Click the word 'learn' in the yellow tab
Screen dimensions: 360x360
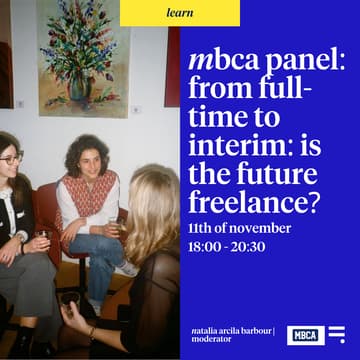(x=180, y=13)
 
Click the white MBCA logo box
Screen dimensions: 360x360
(x=304, y=334)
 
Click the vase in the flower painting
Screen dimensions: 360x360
(x=80, y=86)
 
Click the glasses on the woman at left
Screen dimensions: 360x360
(x=10, y=159)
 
